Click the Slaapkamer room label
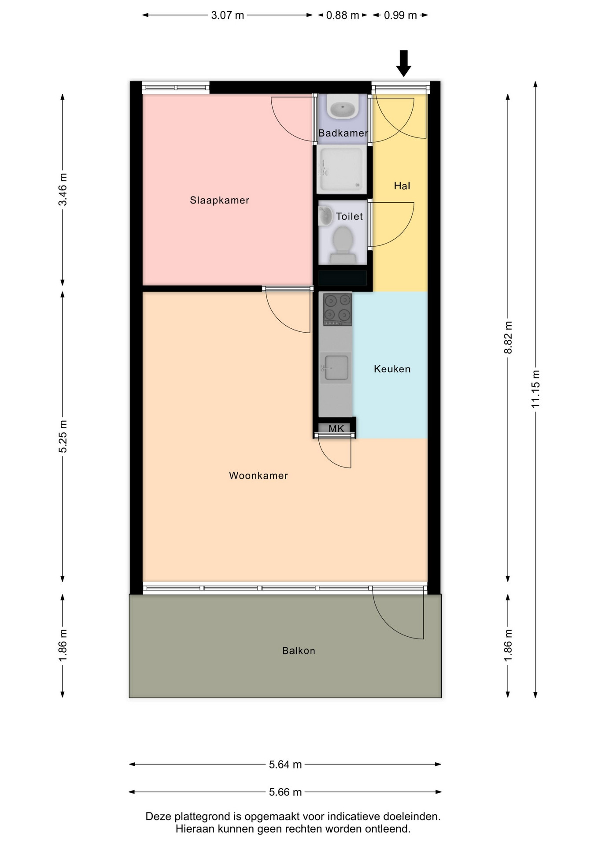[219, 200]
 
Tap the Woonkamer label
[258, 475]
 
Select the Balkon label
[299, 651]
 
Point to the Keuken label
[392, 369]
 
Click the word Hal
[402, 186]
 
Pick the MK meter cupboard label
[336, 428]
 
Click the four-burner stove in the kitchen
[338, 309]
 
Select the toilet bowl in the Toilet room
[343, 245]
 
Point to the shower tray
[342, 170]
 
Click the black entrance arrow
[403, 63]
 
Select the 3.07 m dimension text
[227, 15]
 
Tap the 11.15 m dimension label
[535, 389]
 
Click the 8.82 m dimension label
[508, 337]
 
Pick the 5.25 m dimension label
[63, 436]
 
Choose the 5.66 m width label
[285, 792]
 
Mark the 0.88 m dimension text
[343, 15]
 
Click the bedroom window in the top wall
[176, 88]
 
